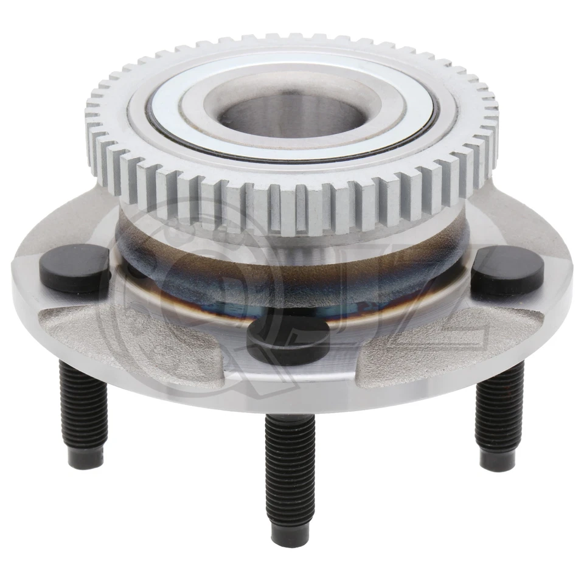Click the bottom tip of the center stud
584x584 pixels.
point(291,535)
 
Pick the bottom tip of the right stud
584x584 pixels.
point(499,465)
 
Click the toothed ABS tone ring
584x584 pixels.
point(292,201)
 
